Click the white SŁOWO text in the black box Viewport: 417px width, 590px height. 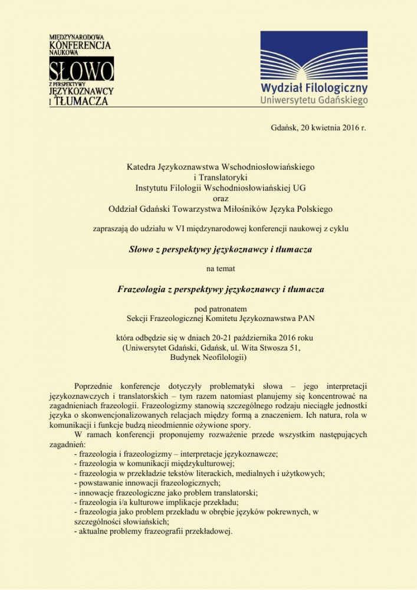click(81, 70)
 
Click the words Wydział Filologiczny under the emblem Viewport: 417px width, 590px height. click(314, 88)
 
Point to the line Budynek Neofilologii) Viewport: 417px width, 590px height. click(208, 357)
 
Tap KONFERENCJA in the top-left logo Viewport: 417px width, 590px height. click(80, 45)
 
